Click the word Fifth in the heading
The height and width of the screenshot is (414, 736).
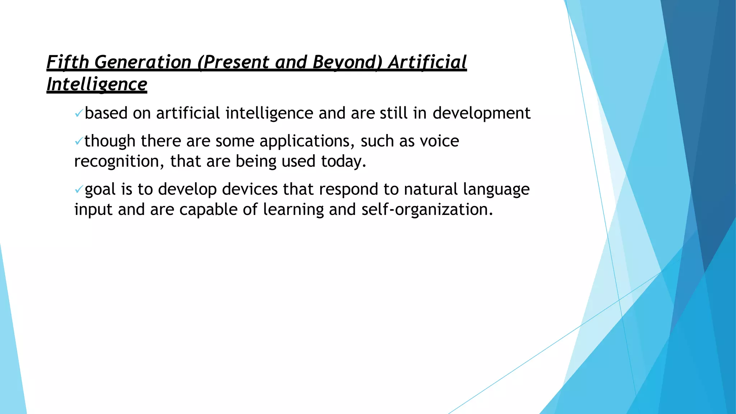[x=68, y=62]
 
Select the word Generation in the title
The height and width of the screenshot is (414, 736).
[x=143, y=62]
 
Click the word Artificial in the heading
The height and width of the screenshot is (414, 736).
[x=427, y=62]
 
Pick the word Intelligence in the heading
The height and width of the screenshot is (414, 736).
[x=97, y=84]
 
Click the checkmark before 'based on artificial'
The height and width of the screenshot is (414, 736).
[x=79, y=114]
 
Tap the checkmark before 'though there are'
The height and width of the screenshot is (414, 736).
[x=79, y=142]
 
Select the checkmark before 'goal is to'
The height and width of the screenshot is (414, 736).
[x=79, y=190]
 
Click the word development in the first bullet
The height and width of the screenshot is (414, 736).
[x=481, y=114]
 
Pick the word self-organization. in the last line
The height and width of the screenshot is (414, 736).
[x=427, y=210]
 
